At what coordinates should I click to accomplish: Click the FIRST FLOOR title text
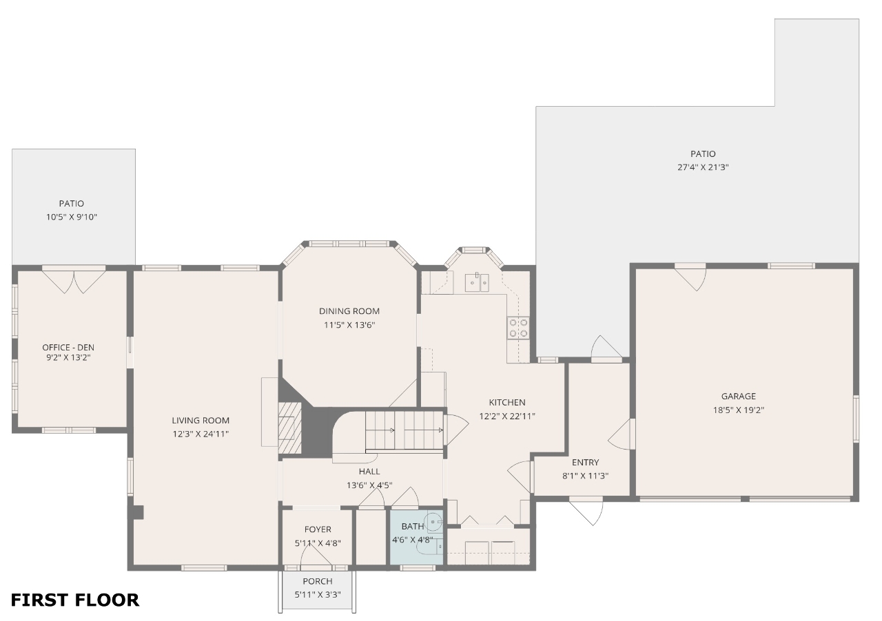pyautogui.click(x=75, y=600)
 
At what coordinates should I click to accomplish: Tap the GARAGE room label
pyautogui.click(x=739, y=397)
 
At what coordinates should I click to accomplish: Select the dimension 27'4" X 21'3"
pyautogui.click(x=703, y=167)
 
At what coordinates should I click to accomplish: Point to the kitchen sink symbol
pyautogui.click(x=477, y=282)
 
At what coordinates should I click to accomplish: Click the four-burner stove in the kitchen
pyautogui.click(x=518, y=328)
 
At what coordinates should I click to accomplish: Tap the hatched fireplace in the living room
pyautogui.click(x=290, y=428)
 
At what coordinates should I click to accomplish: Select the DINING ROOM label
pyautogui.click(x=349, y=311)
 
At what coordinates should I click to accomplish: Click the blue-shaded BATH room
pyautogui.click(x=417, y=537)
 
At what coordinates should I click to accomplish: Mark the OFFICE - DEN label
pyautogui.click(x=68, y=348)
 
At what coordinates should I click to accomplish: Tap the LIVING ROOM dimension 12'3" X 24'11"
pyautogui.click(x=201, y=434)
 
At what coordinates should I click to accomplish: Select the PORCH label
pyautogui.click(x=318, y=581)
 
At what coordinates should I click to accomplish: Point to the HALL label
pyautogui.click(x=369, y=472)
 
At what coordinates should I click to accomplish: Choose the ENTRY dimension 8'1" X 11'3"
pyautogui.click(x=585, y=476)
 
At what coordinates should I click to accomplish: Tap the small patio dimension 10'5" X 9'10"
pyautogui.click(x=71, y=217)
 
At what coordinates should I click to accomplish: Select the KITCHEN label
pyautogui.click(x=507, y=402)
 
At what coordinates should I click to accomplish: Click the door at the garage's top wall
pyautogui.click(x=690, y=279)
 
